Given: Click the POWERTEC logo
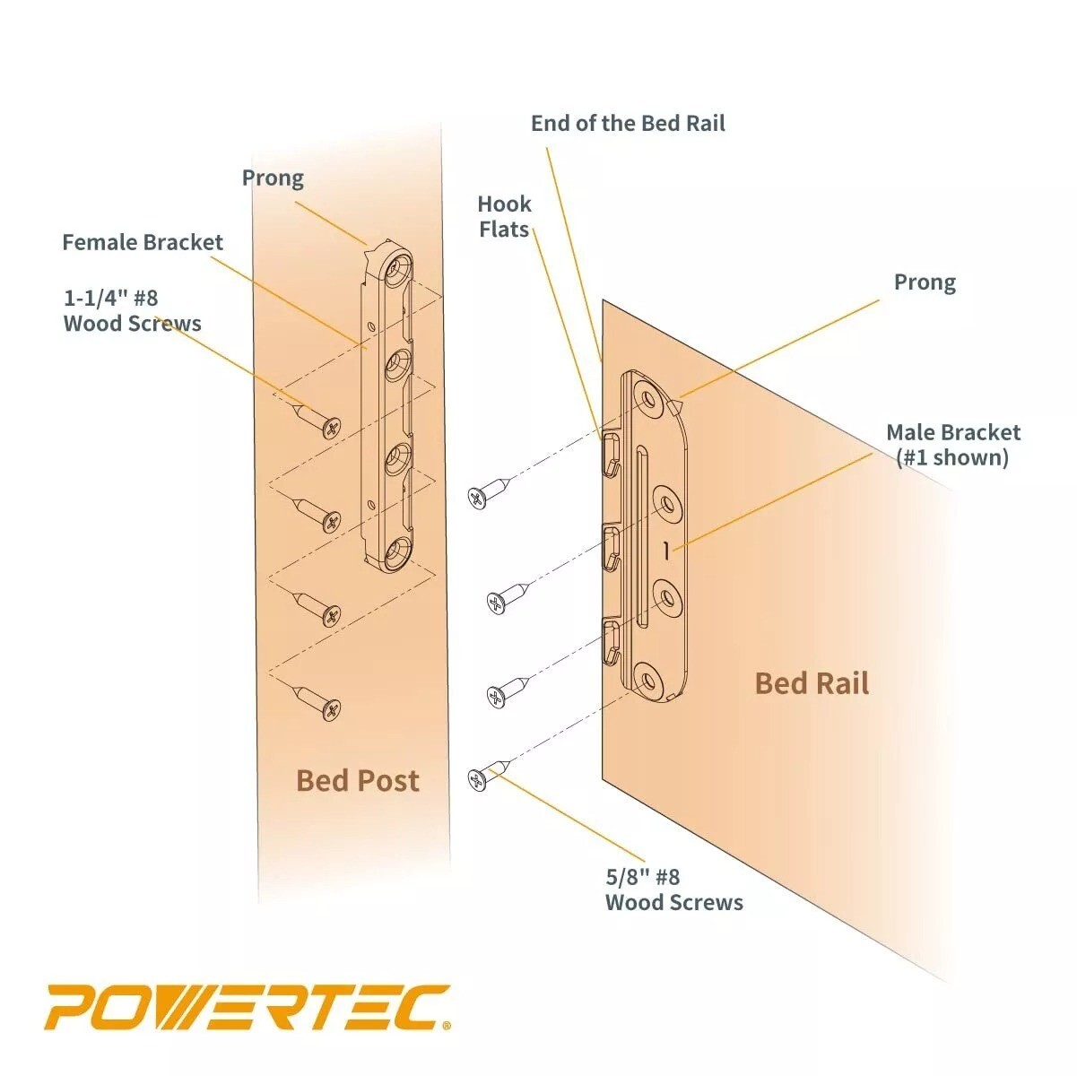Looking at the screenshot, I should coord(248,1007).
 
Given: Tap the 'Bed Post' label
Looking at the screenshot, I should coord(357,780).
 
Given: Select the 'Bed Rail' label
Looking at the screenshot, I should coord(812,683).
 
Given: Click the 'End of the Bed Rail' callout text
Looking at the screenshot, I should coord(628,124).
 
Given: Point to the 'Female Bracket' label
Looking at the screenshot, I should coord(143,242).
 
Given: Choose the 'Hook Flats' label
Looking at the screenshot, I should coord(504,217).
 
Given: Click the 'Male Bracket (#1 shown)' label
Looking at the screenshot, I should coord(952,445).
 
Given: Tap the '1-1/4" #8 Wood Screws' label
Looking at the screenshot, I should coord(132,310).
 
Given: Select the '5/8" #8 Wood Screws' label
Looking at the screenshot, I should coord(673,889).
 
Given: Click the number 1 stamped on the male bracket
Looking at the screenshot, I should coord(666,551).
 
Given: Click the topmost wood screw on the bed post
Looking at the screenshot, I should coord(318,421).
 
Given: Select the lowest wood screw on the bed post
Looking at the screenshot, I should coord(318,702).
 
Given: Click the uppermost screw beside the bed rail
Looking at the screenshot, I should coord(489,493).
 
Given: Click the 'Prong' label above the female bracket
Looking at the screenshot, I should coord(273,178).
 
